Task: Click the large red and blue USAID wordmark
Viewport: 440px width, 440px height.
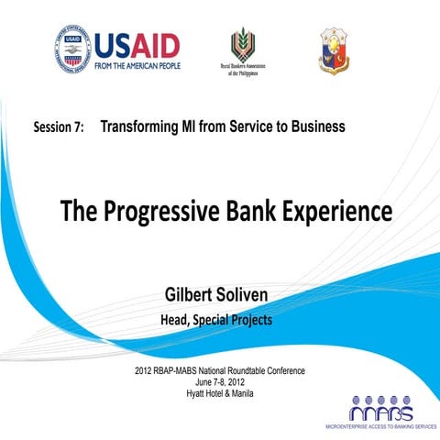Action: [137, 45]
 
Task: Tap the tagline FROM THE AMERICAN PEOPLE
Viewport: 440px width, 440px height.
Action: [137, 65]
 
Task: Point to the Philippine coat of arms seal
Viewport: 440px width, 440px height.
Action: [333, 49]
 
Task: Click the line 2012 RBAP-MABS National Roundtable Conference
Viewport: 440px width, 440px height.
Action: [219, 371]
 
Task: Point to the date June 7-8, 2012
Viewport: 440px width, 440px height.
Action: [219, 382]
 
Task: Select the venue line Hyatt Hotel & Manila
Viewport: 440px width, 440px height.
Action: [219, 393]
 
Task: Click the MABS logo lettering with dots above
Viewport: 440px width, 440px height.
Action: [380, 409]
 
